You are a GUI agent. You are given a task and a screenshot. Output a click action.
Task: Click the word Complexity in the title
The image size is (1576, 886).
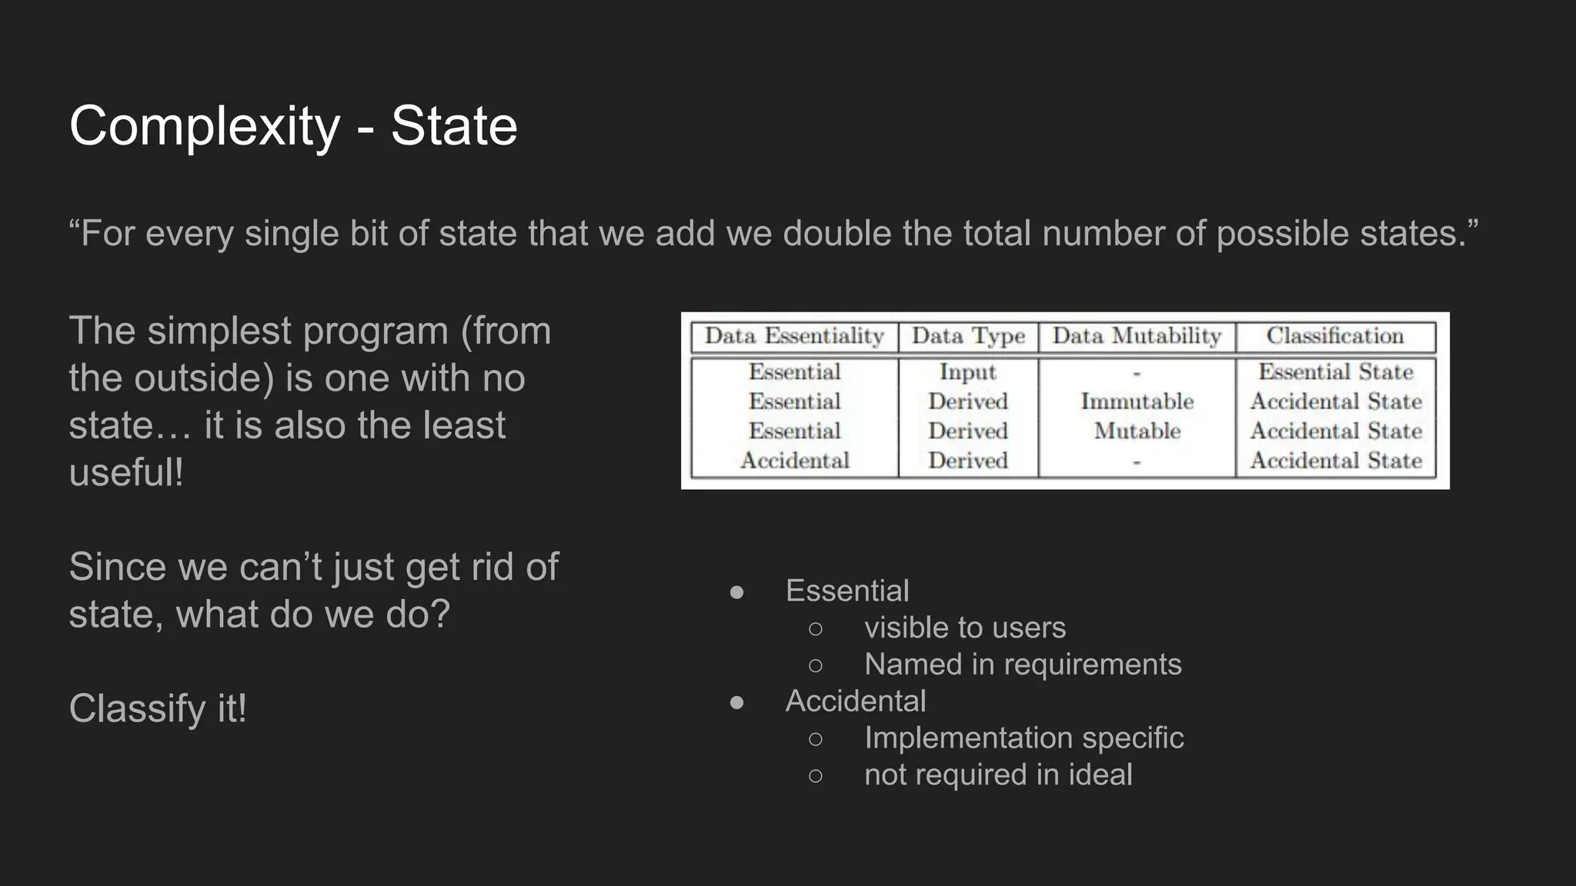click(x=204, y=126)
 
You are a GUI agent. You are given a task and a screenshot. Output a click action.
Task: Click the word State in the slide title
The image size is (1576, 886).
click(x=454, y=126)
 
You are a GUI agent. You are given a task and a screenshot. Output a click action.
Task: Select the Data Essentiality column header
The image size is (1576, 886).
click(x=794, y=336)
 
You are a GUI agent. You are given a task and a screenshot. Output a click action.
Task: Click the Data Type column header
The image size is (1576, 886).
click(x=968, y=336)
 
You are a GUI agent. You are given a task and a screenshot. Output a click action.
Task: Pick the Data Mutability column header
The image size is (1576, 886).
click(x=1137, y=336)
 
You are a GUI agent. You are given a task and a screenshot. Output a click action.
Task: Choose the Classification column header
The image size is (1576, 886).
click(x=1335, y=336)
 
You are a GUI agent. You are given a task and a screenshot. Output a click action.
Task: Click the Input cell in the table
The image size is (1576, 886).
click(x=967, y=372)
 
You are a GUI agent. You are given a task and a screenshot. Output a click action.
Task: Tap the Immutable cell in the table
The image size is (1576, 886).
click(x=1137, y=401)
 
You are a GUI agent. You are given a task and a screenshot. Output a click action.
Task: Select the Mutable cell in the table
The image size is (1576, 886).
click(x=1137, y=431)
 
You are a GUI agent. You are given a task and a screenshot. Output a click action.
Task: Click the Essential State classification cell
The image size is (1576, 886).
click(x=1335, y=372)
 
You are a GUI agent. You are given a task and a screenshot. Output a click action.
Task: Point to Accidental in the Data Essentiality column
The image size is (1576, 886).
click(x=794, y=461)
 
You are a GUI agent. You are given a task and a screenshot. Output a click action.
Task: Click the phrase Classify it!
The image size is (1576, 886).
click(x=158, y=708)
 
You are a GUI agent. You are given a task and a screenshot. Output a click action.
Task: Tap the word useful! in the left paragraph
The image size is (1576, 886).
click(x=126, y=472)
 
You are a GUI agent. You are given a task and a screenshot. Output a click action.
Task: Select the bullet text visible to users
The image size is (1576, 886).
click(x=965, y=628)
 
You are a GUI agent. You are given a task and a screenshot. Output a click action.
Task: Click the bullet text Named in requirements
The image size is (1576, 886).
click(x=1023, y=664)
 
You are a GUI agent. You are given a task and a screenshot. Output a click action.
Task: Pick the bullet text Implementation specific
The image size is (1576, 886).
click(x=1023, y=738)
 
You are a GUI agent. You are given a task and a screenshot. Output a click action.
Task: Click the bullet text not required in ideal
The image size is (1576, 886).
click(x=998, y=774)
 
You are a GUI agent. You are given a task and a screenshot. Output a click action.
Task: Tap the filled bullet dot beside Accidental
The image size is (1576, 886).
click(x=736, y=701)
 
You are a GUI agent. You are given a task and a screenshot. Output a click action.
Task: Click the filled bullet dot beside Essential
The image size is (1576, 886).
click(x=736, y=591)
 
